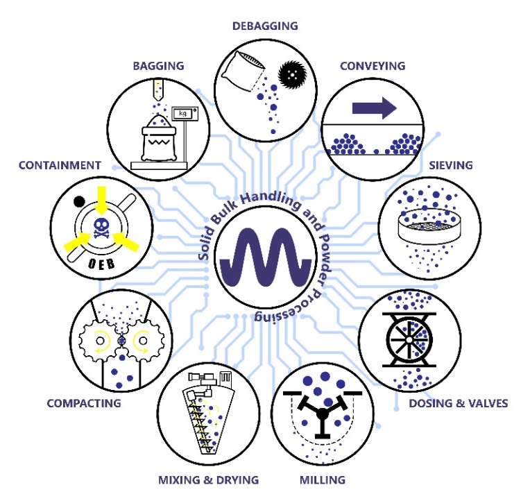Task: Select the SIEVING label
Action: pos(450,166)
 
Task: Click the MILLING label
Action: pos(322,479)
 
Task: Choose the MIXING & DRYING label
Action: pos(208,479)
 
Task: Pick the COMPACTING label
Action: pos(84,403)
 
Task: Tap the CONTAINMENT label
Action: pos(60,165)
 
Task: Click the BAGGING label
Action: pos(159,67)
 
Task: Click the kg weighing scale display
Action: pos(184,114)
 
